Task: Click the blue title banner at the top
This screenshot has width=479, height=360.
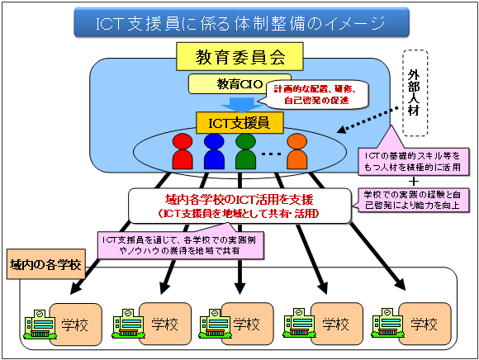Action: pyautogui.click(x=241, y=22)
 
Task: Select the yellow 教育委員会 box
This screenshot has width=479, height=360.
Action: pyautogui.click(x=239, y=56)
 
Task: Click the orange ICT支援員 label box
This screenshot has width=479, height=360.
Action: pyautogui.click(x=239, y=123)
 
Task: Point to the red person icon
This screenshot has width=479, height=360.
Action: pyautogui.click(x=183, y=151)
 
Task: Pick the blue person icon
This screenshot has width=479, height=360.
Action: pyautogui.click(x=214, y=151)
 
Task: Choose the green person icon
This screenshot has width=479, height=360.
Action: pyautogui.click(x=245, y=151)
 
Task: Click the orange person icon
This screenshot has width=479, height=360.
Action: pyautogui.click(x=297, y=151)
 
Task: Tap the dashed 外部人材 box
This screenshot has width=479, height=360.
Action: pyautogui.click(x=415, y=92)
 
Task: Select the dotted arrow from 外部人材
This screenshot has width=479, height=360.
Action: pyautogui.click(x=368, y=120)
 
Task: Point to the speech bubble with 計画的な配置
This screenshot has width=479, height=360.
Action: pyautogui.click(x=316, y=95)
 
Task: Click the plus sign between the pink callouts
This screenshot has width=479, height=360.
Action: pyautogui.click(x=414, y=182)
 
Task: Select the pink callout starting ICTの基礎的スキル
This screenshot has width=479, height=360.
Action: pyautogui.click(x=414, y=162)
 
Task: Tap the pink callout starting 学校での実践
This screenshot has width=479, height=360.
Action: pyautogui.click(x=412, y=200)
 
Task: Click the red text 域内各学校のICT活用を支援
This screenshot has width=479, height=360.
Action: pyautogui.click(x=239, y=200)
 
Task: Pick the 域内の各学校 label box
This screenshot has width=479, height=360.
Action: pyautogui.click(x=45, y=264)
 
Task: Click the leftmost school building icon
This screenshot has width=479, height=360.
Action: pyautogui.click(x=40, y=324)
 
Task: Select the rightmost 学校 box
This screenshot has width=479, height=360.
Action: pyautogui.click(x=424, y=324)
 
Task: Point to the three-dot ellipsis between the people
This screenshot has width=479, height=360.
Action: pyautogui.click(x=271, y=154)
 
